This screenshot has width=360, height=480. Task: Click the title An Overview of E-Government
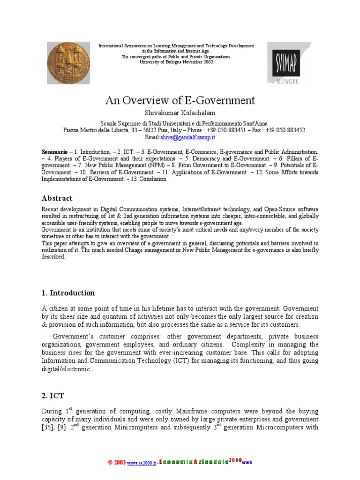[180, 100]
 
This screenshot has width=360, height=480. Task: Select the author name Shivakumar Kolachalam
[180, 113]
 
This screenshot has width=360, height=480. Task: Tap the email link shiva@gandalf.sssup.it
[187, 137]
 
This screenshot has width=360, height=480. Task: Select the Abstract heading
[57, 198]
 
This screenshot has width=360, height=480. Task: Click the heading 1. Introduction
[68, 293]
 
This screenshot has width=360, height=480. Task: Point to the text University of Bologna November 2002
[176, 62]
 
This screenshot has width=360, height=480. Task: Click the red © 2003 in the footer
[117, 462]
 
